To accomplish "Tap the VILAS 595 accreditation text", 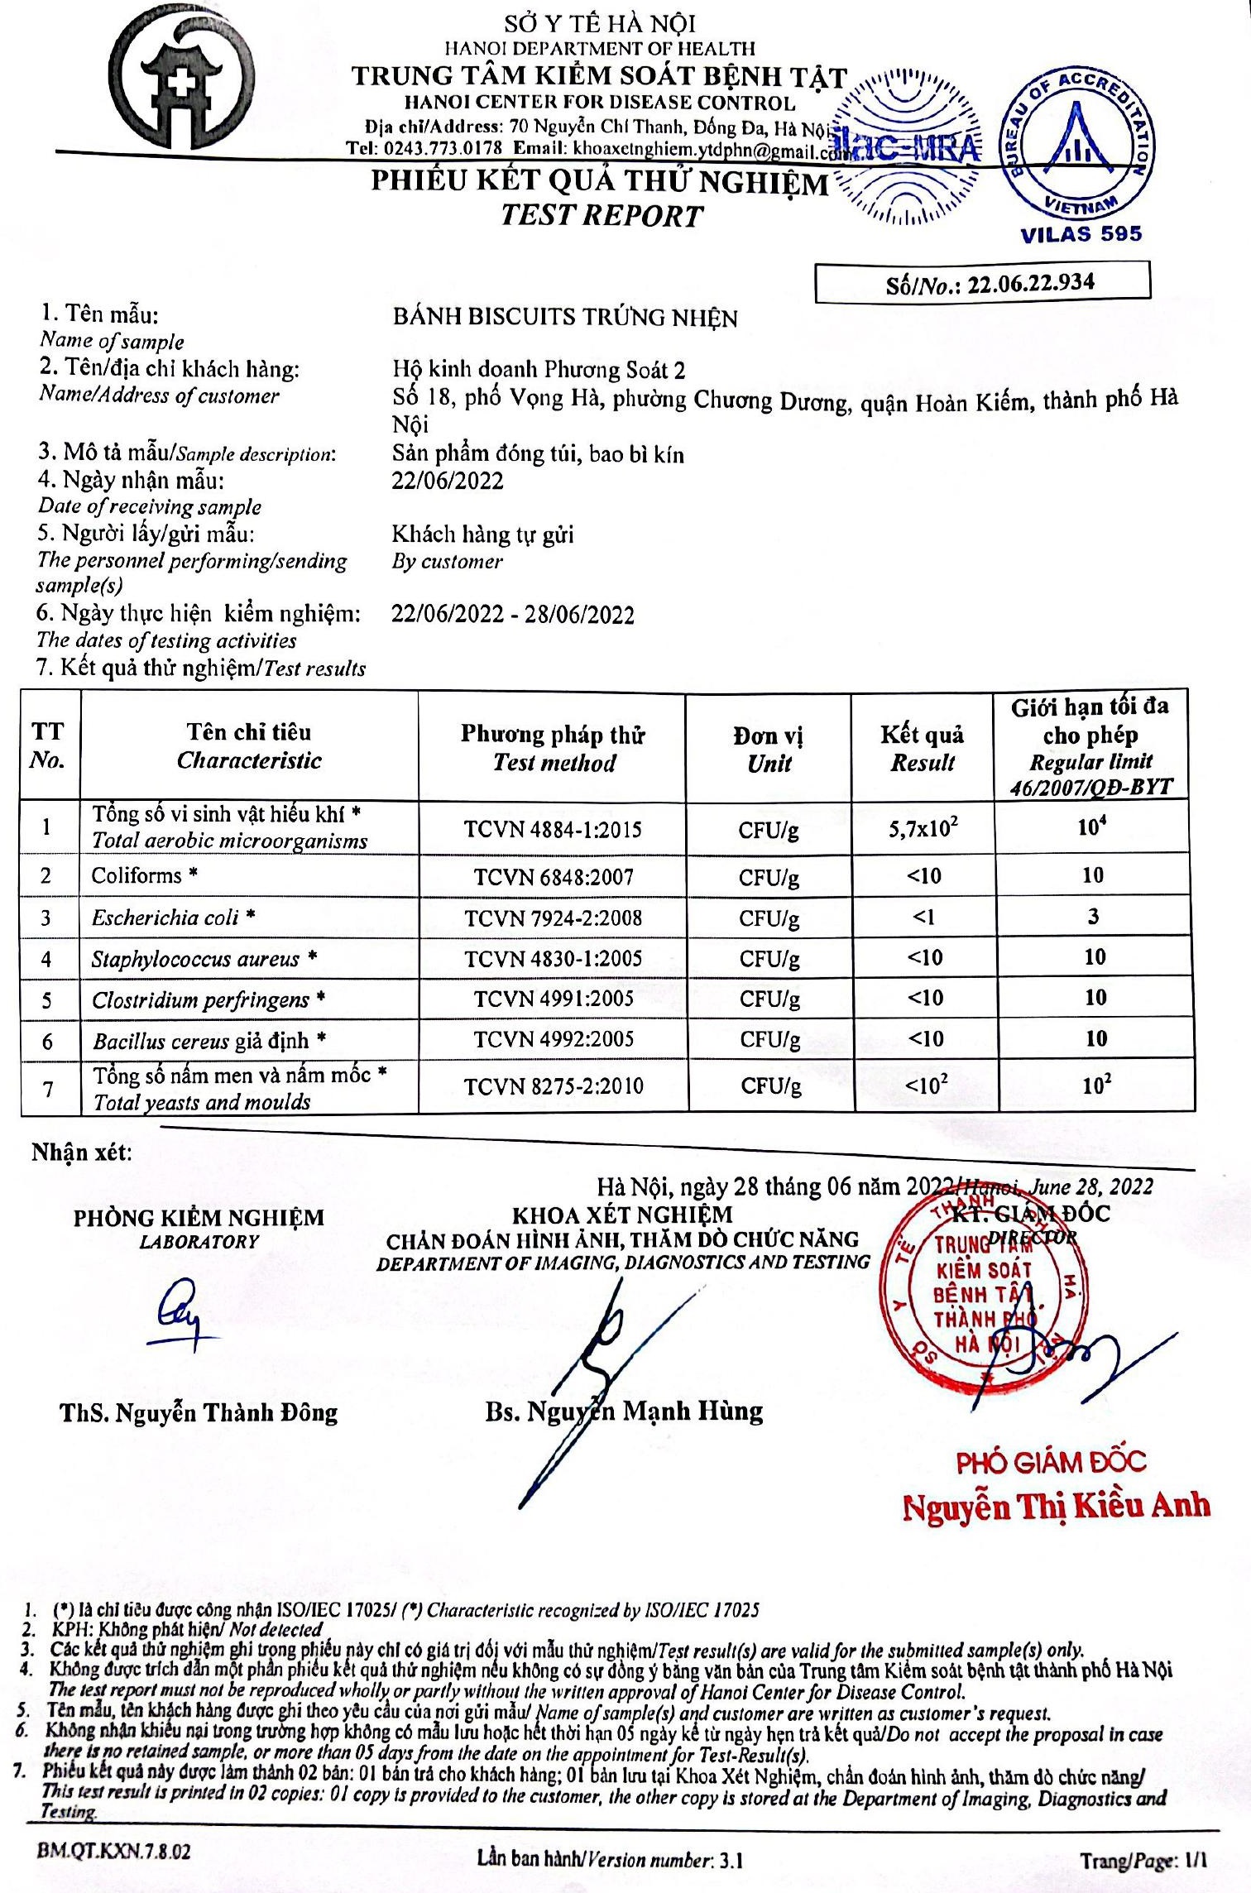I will pos(1081,234).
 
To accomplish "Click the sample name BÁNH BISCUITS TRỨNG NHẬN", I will pos(565,318).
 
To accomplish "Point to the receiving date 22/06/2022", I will pos(448,481).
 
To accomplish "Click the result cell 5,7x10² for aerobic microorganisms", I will pos(923,827).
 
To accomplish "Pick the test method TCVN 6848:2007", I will pos(553,876).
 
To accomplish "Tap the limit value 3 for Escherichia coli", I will pos(1093,916).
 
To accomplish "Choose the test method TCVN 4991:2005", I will pos(553,999).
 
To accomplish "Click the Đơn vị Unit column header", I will pos(769,750).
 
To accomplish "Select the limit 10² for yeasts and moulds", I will pos(1096,1085).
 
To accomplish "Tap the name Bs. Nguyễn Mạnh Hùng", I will pos(624,1410).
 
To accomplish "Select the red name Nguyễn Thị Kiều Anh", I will pos(1056,1506).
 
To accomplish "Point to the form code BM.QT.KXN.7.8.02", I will pos(113,1852).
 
